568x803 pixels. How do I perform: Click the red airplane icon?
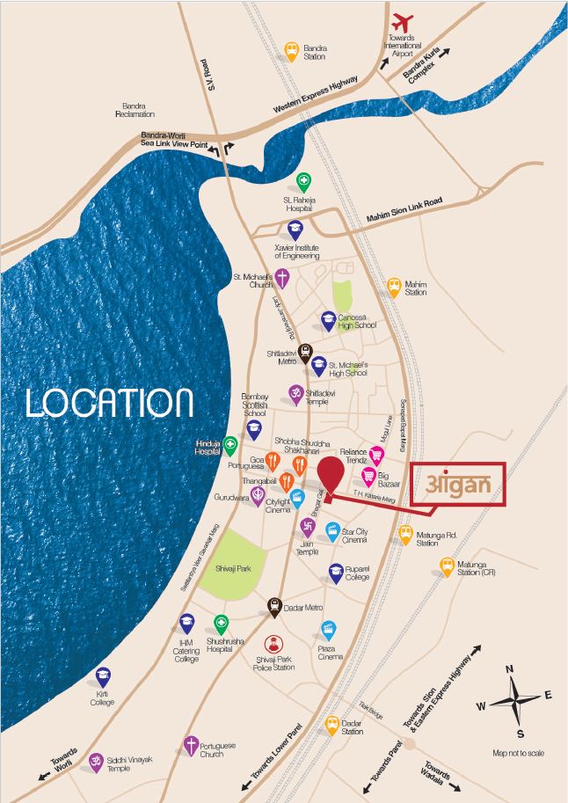(404, 20)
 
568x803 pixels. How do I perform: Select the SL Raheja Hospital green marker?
(303, 182)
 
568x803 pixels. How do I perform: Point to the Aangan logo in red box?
(459, 485)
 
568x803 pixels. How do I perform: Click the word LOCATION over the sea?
(109, 402)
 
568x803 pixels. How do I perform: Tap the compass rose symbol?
(513, 703)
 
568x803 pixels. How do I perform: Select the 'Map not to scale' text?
(518, 753)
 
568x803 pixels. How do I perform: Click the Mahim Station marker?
(394, 286)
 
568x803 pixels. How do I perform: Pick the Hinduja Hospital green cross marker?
(229, 444)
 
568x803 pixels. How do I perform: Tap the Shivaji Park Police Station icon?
(273, 645)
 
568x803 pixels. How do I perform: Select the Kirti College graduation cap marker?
(103, 676)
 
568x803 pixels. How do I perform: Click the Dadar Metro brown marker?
(274, 605)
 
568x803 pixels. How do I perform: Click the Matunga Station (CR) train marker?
(448, 565)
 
